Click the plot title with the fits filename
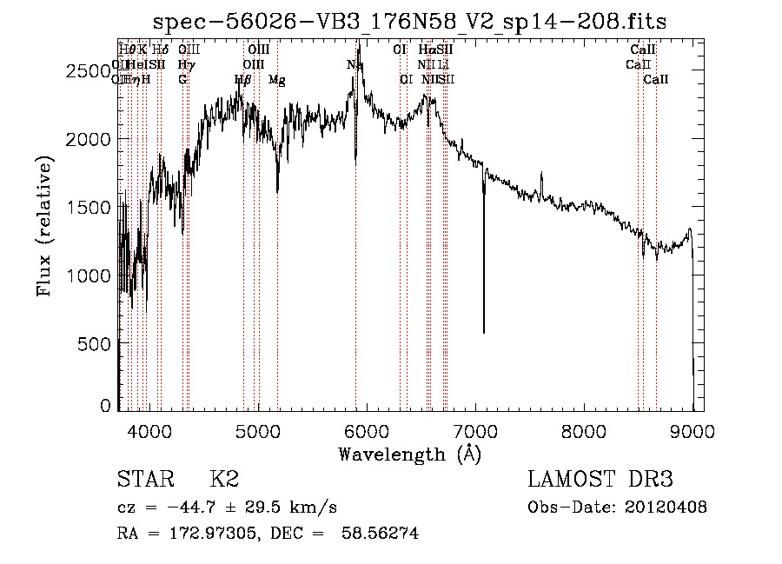(x=410, y=22)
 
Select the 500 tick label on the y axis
(x=95, y=344)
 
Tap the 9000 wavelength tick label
(x=693, y=428)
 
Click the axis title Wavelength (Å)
(x=409, y=454)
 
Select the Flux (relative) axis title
(x=44, y=226)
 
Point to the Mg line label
(x=276, y=80)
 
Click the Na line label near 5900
(x=355, y=65)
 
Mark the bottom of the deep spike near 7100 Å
(x=484, y=332)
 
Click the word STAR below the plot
(x=144, y=480)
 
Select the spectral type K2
(x=224, y=480)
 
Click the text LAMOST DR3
(x=600, y=480)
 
